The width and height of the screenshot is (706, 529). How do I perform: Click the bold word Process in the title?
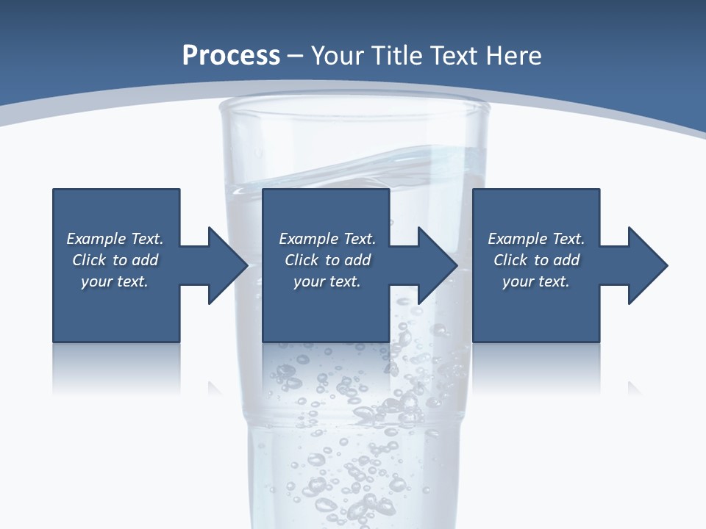[x=231, y=56]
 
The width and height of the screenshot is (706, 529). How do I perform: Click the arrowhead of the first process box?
[x=227, y=265]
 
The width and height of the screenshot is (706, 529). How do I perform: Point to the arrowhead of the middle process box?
[x=437, y=265]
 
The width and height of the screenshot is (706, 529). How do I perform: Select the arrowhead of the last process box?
[x=647, y=265]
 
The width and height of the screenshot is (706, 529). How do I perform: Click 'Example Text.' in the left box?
[x=115, y=239]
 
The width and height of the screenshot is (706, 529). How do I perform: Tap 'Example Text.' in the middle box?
[x=327, y=239]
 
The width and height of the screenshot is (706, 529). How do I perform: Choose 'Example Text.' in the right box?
[x=536, y=239]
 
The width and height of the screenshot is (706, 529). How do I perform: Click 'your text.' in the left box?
[x=115, y=281]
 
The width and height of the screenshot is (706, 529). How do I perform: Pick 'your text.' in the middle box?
[x=327, y=281]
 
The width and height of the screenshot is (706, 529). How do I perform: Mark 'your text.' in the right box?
[x=536, y=281]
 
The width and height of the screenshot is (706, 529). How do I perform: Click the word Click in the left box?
[x=89, y=260]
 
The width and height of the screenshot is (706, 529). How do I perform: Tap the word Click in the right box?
[x=510, y=260]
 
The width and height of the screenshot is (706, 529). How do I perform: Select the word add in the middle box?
[x=357, y=260]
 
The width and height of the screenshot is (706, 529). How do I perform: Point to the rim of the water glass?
[x=354, y=107]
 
